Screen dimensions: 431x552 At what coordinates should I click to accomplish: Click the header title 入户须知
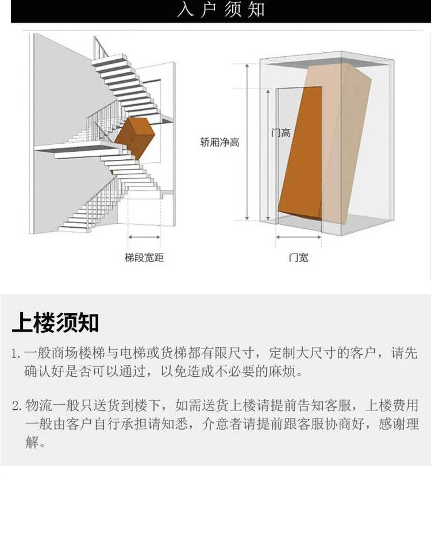[221, 11]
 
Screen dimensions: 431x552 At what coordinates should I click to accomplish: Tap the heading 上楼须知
[55, 323]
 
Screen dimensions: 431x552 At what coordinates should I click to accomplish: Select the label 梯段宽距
[144, 258]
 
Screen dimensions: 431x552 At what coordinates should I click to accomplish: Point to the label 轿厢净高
[220, 143]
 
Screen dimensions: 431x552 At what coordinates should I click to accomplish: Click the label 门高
[281, 133]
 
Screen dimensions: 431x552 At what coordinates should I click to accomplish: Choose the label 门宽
[298, 258]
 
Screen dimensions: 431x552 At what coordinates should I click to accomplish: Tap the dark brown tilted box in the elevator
[300, 152]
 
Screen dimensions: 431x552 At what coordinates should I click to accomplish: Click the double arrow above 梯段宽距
[144, 236]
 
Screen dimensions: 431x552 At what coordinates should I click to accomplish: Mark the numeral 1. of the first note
[16, 353]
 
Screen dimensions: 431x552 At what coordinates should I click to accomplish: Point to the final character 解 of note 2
[32, 444]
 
